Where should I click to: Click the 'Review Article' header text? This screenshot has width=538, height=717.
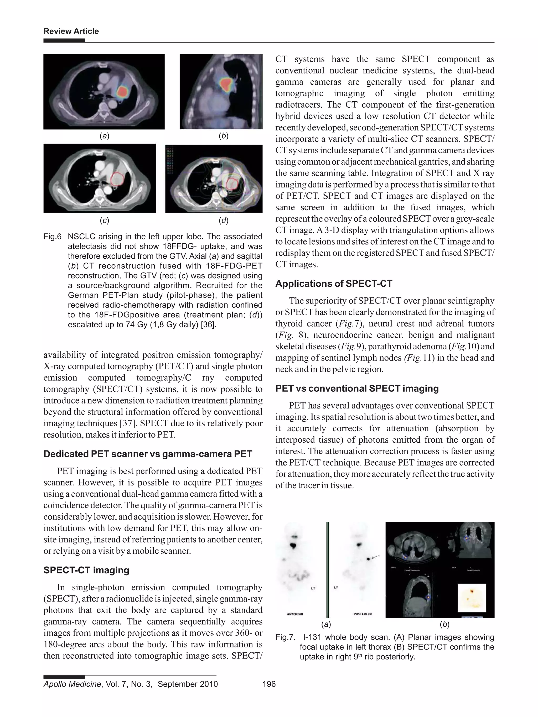click(x=71, y=32)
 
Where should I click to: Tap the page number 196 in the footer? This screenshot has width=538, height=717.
click(x=269, y=684)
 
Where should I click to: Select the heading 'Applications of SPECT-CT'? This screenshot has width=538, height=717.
click(x=334, y=284)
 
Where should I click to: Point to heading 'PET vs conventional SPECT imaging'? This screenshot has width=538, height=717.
click(x=357, y=389)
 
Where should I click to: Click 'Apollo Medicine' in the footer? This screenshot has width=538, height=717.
click(x=72, y=684)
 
